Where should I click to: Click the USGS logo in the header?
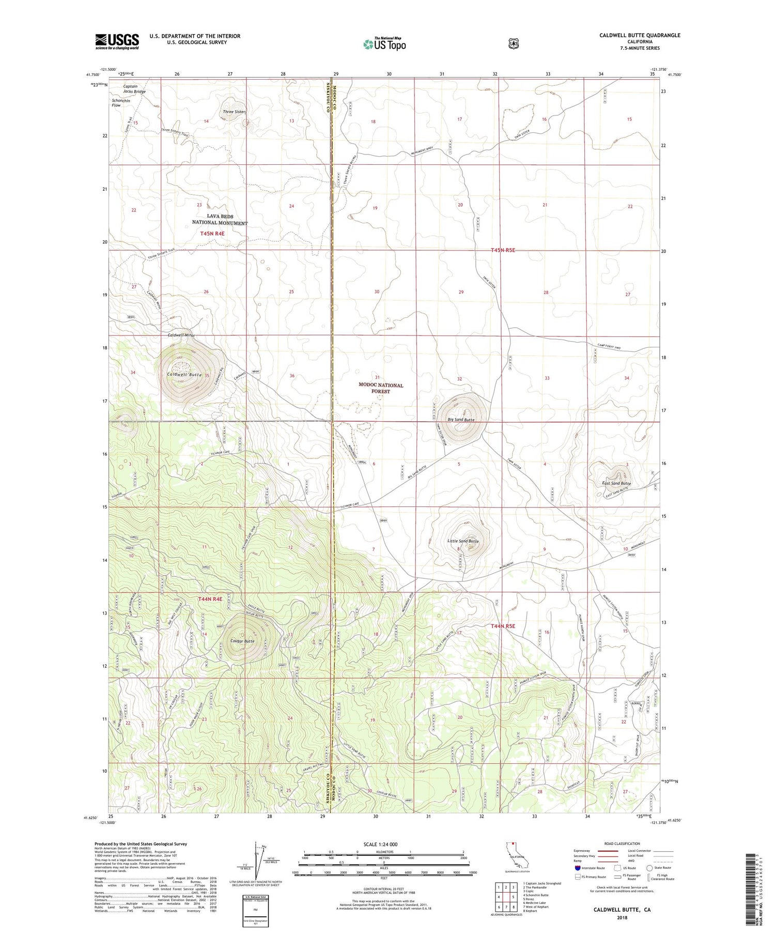tap(117, 41)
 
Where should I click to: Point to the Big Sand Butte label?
tap(461, 420)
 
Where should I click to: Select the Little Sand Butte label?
tap(463, 541)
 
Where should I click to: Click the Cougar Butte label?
tap(242, 641)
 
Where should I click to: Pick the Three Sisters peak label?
tap(235, 112)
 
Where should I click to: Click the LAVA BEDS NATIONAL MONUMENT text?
tap(220, 220)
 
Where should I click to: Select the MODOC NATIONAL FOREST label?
tap(381, 388)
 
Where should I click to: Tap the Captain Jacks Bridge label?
tap(134, 89)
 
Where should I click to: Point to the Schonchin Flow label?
tap(121, 103)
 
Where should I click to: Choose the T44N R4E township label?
tap(210, 599)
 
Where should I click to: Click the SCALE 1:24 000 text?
tap(384, 844)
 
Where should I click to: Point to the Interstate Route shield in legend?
tap(578, 868)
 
